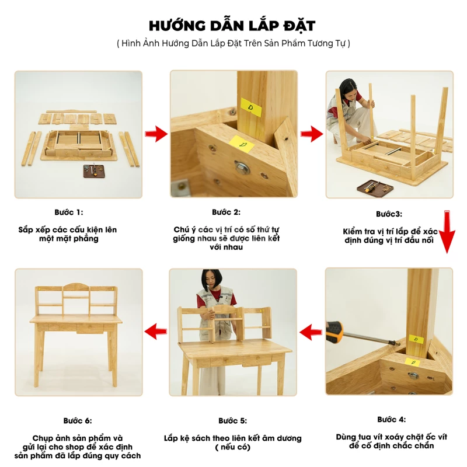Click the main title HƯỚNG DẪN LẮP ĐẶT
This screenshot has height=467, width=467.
pyautogui.click(x=232, y=26)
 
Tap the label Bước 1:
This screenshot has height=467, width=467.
pyautogui.click(x=69, y=212)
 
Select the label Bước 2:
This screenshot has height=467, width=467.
pyautogui.click(x=226, y=212)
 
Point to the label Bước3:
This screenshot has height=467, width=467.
pyautogui.click(x=389, y=214)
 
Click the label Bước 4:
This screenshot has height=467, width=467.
pyautogui.click(x=391, y=420)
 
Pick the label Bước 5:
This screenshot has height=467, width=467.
pyautogui.click(x=232, y=421)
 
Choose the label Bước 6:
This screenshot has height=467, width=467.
pyautogui.click(x=78, y=421)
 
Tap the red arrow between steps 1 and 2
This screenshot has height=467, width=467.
pyautogui.click(x=156, y=134)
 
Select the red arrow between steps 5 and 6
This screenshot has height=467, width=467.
pyautogui.click(x=155, y=332)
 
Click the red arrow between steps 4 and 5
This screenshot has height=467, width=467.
pyautogui.click(x=311, y=332)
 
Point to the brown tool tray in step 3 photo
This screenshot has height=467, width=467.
pyautogui.click(x=375, y=188)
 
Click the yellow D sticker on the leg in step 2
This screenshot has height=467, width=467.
pyautogui.click(x=251, y=107)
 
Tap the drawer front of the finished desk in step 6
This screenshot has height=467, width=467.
pyautogui.click(x=90, y=328)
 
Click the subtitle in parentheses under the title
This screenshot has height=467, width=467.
pyautogui.click(x=233, y=43)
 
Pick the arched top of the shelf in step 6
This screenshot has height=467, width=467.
pyautogui.click(x=76, y=286)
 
